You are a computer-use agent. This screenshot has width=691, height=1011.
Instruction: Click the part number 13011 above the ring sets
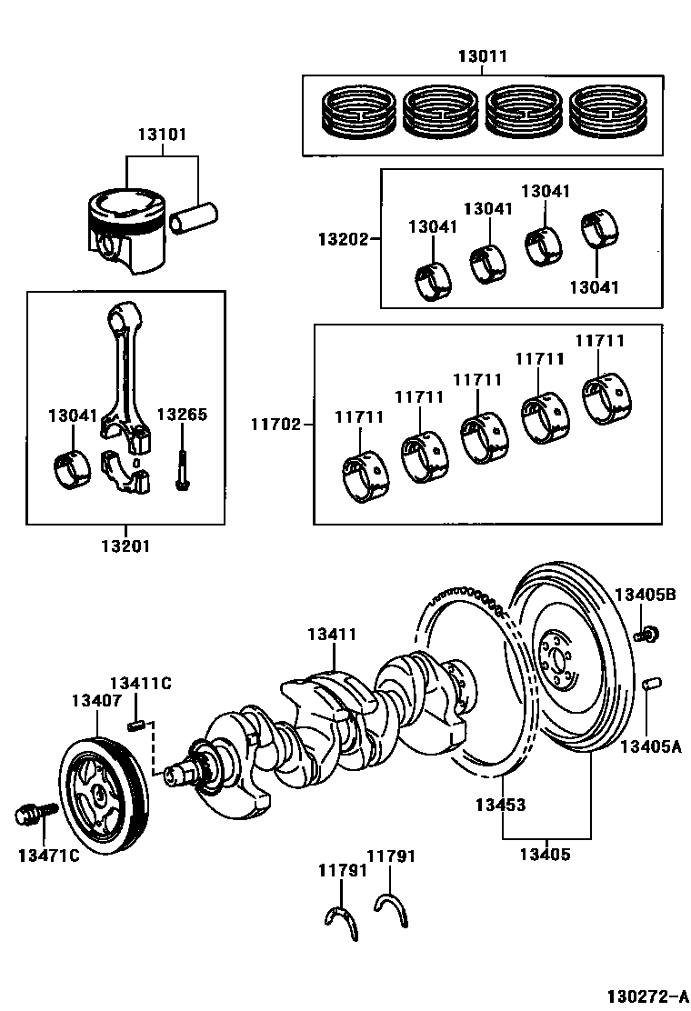click(483, 56)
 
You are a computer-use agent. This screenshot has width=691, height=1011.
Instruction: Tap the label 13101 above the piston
click(162, 135)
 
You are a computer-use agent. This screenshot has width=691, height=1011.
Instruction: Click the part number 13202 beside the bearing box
click(343, 239)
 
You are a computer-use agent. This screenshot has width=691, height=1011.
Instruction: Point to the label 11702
click(275, 425)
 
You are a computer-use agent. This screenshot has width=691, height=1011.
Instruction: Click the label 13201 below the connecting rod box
click(125, 546)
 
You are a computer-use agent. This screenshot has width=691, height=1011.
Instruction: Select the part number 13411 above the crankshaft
click(332, 635)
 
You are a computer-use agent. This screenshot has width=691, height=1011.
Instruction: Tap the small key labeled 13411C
click(134, 726)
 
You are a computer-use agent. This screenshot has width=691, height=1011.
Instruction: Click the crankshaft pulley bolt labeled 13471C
click(35, 813)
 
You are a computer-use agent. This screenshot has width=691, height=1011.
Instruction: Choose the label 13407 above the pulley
click(96, 700)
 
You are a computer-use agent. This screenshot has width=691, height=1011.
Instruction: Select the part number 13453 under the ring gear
click(501, 805)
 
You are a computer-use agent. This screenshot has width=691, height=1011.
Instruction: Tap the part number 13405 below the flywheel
click(546, 855)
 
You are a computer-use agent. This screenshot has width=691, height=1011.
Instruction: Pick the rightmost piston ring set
click(607, 112)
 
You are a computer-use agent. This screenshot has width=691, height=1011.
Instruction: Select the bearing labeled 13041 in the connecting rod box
click(71, 471)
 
